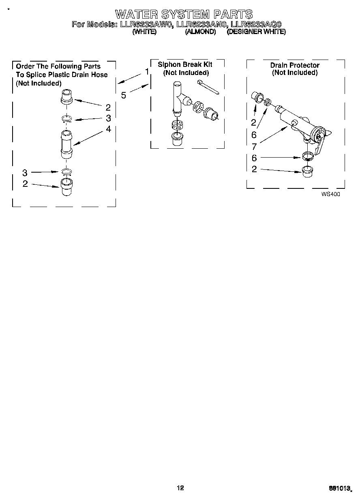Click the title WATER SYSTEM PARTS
tap(184, 15)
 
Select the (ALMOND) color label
tap(200, 32)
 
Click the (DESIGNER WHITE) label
tap(256, 32)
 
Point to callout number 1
tap(147, 72)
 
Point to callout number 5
tap(124, 95)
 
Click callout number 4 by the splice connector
tap(108, 129)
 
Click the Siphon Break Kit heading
tap(185, 65)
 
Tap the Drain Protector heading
tap(295, 65)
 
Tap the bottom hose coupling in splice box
tap(67, 186)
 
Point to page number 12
tap(180, 488)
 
